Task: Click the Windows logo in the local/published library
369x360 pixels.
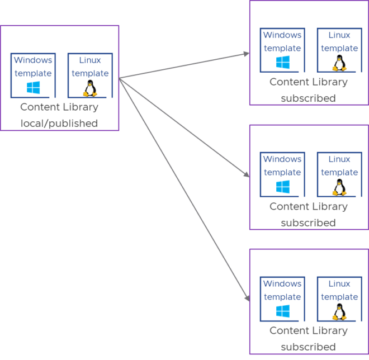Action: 34,88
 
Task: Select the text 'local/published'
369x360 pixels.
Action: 59,124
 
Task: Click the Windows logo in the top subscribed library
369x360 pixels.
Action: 282,63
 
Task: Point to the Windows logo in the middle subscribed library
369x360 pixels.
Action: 282,187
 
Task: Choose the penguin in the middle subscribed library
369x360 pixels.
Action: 339,187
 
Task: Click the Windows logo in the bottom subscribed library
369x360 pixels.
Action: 282,311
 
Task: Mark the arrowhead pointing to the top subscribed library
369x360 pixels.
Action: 246,54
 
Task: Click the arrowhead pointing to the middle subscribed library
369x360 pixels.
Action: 246,175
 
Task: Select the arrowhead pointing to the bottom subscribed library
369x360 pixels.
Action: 246,299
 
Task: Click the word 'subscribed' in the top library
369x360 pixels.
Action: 308,98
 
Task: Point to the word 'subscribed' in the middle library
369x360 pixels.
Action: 308,223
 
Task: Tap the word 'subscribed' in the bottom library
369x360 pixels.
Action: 308,347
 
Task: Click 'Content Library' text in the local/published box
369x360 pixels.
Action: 59,107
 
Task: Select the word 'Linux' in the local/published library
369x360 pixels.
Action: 90,60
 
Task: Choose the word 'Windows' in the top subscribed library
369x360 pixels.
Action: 282,35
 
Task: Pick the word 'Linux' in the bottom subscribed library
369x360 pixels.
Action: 339,284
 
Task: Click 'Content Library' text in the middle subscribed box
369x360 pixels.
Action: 308,206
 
